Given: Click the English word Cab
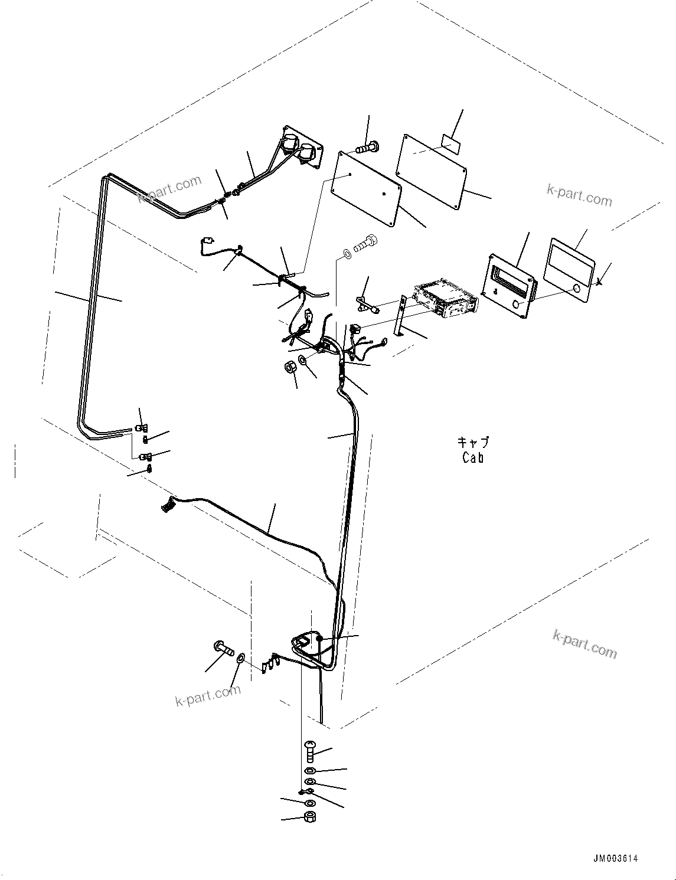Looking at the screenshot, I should pyautogui.click(x=473, y=457).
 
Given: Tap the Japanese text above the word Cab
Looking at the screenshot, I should pyautogui.click(x=473, y=443).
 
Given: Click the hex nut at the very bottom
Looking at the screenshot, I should pyautogui.click(x=309, y=817).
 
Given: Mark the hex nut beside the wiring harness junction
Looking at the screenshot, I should pyautogui.click(x=290, y=367).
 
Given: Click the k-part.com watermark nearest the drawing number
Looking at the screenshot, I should pyautogui.click(x=584, y=643).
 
